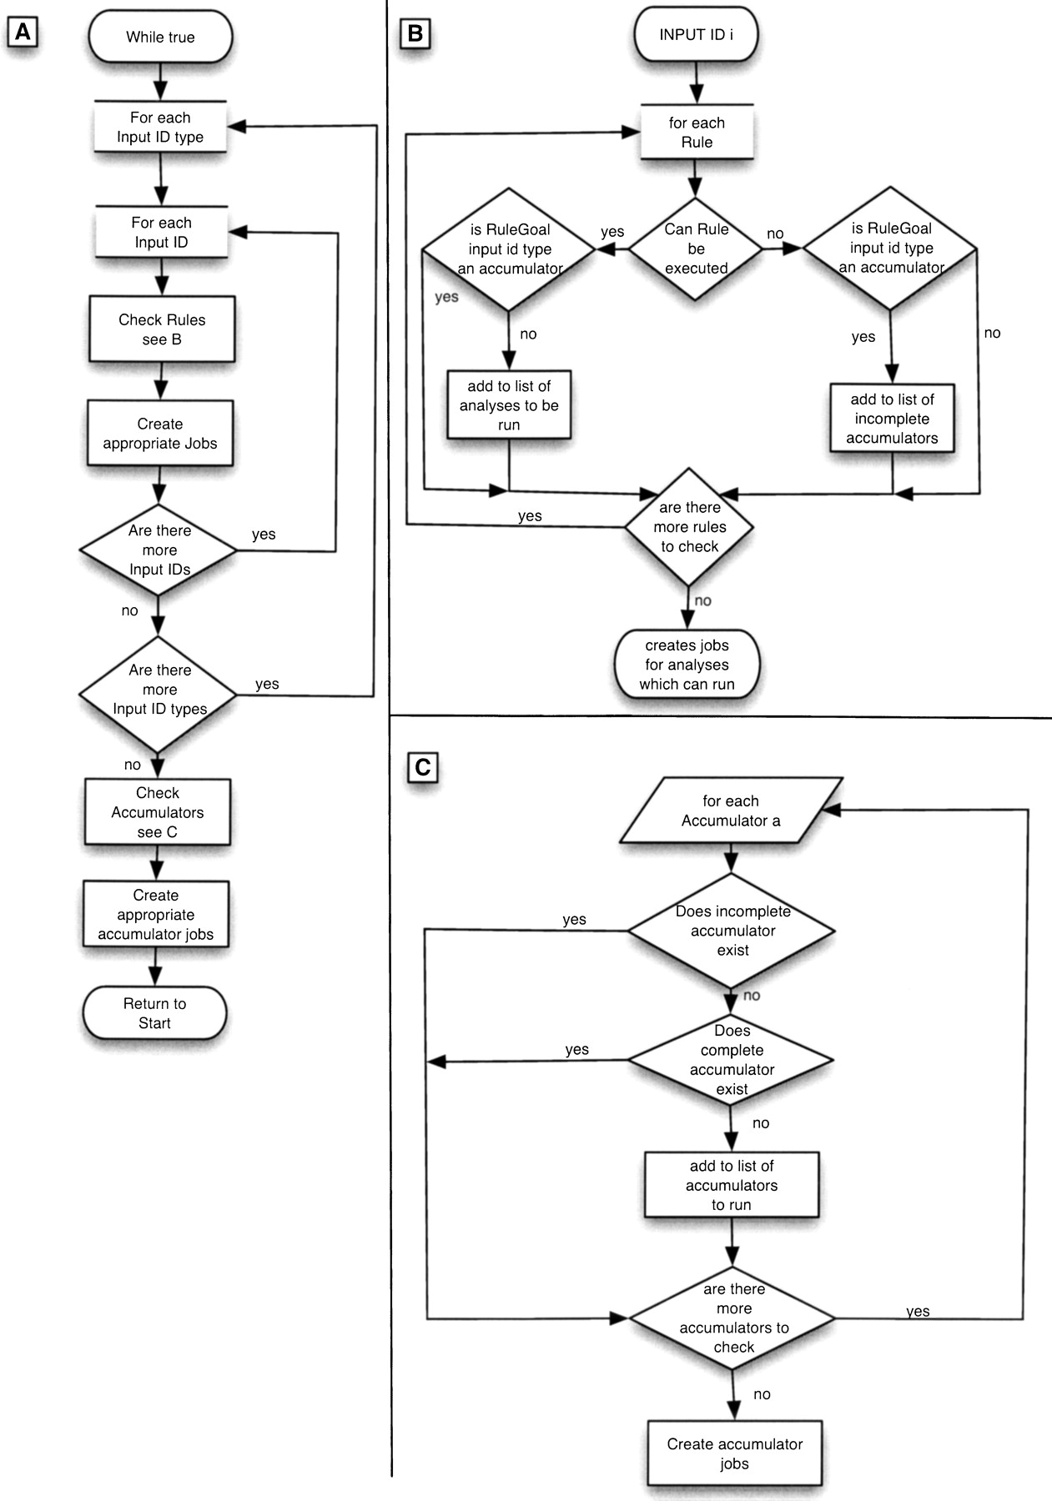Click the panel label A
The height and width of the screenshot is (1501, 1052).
coord(23,33)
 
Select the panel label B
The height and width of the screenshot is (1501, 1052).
coord(415,34)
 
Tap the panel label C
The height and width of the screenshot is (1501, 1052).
coord(423,766)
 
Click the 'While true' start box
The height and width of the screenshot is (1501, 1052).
coord(160,37)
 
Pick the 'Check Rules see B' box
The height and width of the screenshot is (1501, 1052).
coord(162,329)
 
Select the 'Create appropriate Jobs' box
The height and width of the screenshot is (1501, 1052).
coord(160,434)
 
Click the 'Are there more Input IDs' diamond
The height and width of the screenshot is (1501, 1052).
coord(159,550)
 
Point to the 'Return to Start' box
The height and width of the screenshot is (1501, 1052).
coord(155,1013)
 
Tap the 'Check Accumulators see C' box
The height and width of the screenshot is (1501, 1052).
coord(158,812)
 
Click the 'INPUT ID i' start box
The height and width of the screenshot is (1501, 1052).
coord(696,35)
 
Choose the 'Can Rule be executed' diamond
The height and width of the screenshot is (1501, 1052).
coord(696,248)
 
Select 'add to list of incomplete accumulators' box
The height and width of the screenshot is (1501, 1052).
coord(892,419)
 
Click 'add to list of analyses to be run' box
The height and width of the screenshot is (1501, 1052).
coord(509,405)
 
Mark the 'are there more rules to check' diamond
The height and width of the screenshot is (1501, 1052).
coord(689,527)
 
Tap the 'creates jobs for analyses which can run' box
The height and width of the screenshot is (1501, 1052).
coord(687,665)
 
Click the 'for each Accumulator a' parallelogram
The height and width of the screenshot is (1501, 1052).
coord(731,811)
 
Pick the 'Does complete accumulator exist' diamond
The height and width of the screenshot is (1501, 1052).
coord(732,1060)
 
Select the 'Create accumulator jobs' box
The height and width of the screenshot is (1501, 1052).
coord(735,1453)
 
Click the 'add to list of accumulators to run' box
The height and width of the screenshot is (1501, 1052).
coord(732,1185)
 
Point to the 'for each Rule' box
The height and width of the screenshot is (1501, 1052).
coord(697,132)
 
